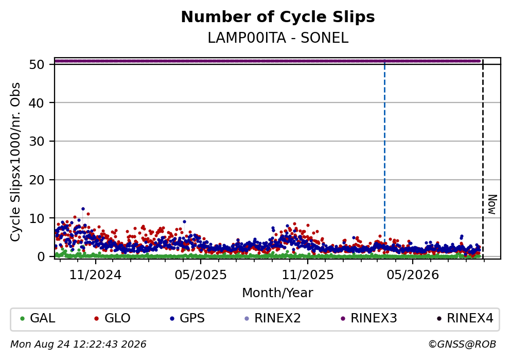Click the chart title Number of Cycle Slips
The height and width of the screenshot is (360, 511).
point(278,17)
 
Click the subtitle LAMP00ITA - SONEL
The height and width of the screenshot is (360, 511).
point(278,38)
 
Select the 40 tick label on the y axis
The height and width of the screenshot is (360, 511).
point(37,103)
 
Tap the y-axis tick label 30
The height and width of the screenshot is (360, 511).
point(37,142)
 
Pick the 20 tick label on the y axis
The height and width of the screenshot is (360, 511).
point(37,180)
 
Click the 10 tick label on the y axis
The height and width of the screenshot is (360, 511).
point(37,218)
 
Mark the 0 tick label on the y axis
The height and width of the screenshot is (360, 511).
point(41,256)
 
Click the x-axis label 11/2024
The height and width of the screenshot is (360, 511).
point(95,275)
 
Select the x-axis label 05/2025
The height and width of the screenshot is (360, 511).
point(200,275)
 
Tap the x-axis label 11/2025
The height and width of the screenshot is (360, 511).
point(308,275)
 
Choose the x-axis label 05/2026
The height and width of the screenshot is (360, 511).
point(413,275)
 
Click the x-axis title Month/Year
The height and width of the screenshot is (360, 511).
point(277,293)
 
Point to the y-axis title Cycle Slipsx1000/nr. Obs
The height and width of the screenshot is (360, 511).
point(15,162)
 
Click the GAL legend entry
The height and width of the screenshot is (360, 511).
point(38,318)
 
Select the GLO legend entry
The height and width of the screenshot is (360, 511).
point(112,318)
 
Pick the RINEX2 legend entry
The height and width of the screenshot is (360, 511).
point(272,318)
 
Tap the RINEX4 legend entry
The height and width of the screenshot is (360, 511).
point(465,318)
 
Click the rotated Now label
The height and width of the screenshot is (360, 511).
point(492,204)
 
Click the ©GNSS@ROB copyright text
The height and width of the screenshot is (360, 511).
point(462,345)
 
